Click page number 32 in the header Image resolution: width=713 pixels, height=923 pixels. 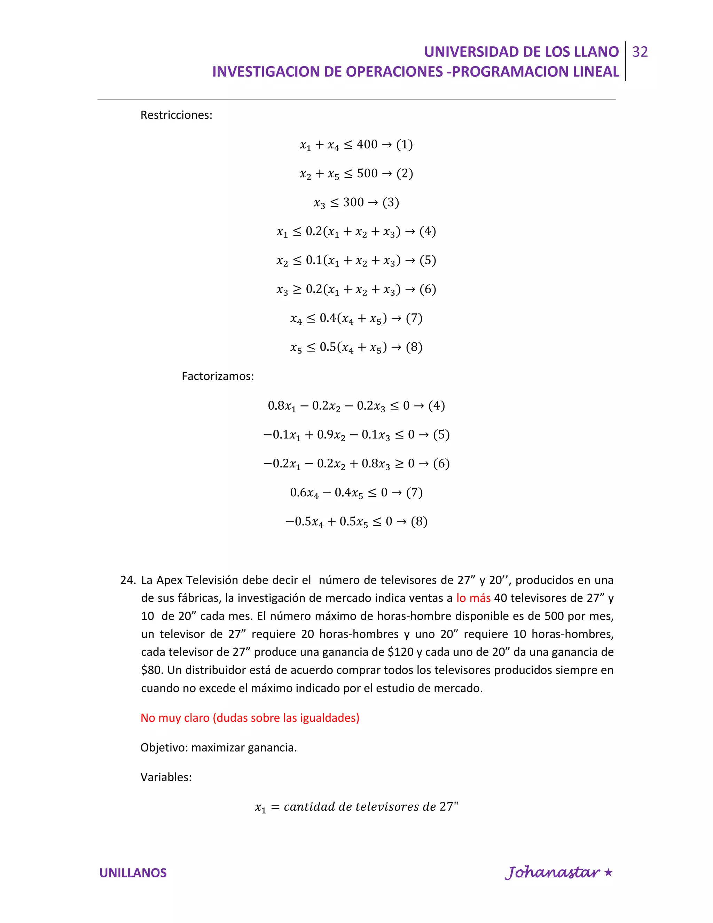(x=640, y=52)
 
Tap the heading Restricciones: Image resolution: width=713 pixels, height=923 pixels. (x=176, y=115)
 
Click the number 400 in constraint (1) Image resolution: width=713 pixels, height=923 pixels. (x=367, y=145)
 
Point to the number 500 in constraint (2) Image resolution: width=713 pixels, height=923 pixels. (x=367, y=173)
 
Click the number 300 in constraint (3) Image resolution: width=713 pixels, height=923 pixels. (x=353, y=202)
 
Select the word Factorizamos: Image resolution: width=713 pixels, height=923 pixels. (x=218, y=376)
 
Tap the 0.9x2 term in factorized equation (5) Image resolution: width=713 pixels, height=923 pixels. (x=331, y=435)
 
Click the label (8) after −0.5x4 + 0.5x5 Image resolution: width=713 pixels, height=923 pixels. (x=419, y=521)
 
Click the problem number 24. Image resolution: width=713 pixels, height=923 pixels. (x=127, y=580)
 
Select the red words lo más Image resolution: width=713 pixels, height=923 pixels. (x=473, y=598)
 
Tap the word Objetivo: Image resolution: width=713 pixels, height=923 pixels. (x=164, y=747)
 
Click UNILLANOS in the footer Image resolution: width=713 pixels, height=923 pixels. (x=133, y=873)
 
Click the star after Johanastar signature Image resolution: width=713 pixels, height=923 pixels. (x=608, y=872)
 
